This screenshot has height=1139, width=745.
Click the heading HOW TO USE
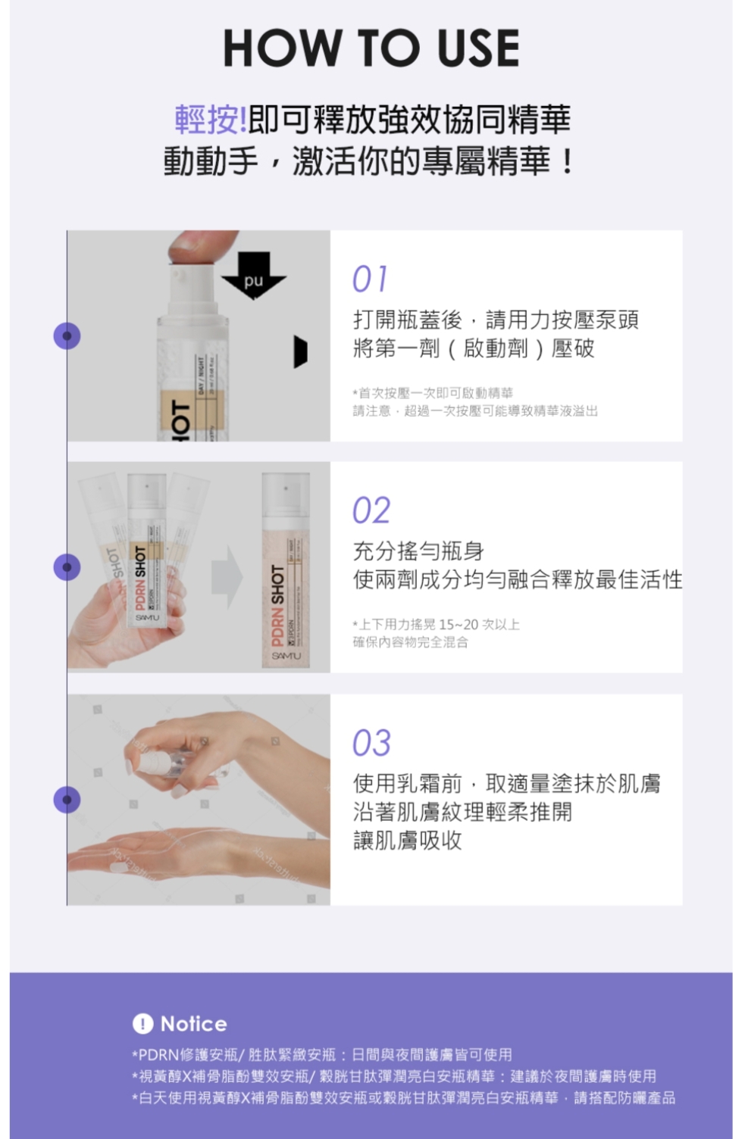click(x=371, y=48)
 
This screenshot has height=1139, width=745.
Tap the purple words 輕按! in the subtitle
click(x=210, y=119)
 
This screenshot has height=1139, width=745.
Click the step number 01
click(x=370, y=279)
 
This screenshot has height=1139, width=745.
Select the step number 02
click(x=371, y=510)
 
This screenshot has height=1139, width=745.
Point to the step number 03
click(x=371, y=743)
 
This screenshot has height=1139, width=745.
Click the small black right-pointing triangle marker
click(x=301, y=351)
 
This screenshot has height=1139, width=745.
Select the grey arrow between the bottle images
click(x=226, y=577)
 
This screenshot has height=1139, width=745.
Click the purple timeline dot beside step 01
click(x=67, y=335)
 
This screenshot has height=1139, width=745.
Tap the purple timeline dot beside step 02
click(x=67, y=567)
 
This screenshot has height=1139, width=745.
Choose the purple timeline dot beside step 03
click(x=67, y=800)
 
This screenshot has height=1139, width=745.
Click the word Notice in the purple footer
click(x=193, y=1024)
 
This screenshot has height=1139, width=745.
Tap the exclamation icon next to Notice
click(x=142, y=1024)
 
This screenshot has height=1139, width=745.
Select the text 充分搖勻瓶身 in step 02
click(x=418, y=551)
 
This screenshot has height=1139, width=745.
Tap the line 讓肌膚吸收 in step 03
click(x=408, y=841)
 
